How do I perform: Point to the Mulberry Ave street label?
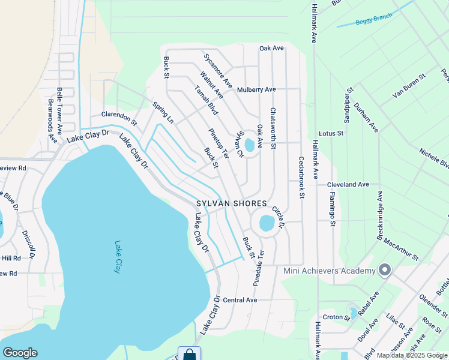256,89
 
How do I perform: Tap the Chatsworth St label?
273,128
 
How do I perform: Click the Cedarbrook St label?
301,177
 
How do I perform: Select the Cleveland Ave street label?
348,185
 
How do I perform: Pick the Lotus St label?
331,133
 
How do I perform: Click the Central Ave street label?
240,299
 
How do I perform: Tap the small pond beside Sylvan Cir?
249,145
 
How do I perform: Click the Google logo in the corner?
20,353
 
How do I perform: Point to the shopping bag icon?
189,354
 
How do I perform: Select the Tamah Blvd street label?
206,100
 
